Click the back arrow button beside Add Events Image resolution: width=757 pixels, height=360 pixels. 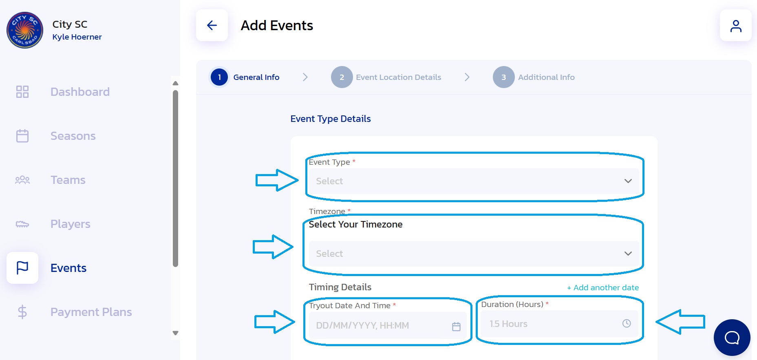212,25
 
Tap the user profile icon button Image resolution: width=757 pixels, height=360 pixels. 736,26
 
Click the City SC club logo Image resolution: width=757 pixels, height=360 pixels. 25,30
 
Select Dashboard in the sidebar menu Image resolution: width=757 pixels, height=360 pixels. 80,92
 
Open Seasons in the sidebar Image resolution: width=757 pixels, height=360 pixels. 73,136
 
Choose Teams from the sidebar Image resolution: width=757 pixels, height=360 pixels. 68,180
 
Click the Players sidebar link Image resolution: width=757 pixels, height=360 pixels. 71,224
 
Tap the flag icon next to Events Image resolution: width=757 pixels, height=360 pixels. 22,268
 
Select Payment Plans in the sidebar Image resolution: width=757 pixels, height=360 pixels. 91,312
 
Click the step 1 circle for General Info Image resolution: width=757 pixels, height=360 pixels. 219,77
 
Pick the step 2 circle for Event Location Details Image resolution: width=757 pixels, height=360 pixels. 342,77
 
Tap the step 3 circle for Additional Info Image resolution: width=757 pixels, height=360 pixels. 504,77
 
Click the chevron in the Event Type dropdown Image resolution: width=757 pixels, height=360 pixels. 628,181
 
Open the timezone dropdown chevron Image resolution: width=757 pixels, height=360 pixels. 628,254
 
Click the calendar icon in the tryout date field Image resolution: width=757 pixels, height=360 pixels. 456,326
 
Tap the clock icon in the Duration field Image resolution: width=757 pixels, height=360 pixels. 627,323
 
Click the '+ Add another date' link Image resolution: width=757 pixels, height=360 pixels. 603,287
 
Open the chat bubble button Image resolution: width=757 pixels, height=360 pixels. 732,338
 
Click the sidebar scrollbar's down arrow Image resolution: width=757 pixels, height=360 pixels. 176,333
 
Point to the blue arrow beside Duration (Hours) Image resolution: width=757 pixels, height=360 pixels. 680,322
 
